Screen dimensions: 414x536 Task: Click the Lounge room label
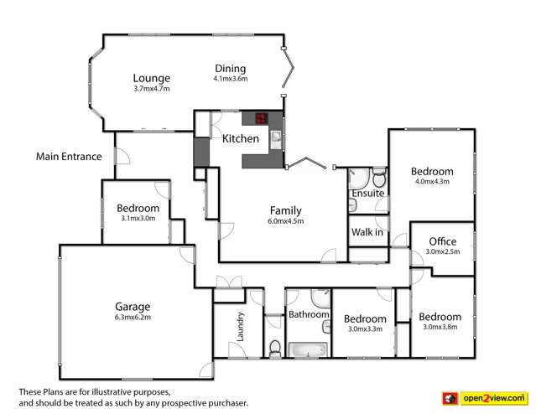(x=151, y=77)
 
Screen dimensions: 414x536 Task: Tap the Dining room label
(x=230, y=68)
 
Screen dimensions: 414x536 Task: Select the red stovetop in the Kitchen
(x=263, y=118)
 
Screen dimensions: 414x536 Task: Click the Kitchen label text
(x=240, y=139)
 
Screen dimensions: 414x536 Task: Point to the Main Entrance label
(x=69, y=156)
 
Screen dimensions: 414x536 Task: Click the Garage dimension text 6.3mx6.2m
(x=133, y=318)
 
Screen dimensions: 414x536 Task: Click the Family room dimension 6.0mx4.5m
(x=286, y=221)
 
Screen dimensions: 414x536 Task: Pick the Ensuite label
(x=367, y=194)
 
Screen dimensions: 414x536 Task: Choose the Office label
(x=442, y=242)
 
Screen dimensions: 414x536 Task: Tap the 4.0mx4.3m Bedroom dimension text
(x=433, y=181)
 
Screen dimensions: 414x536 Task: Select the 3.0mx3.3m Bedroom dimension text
(x=365, y=329)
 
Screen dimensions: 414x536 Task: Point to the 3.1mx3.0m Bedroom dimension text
(x=138, y=219)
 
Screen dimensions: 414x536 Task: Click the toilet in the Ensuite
(x=379, y=179)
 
